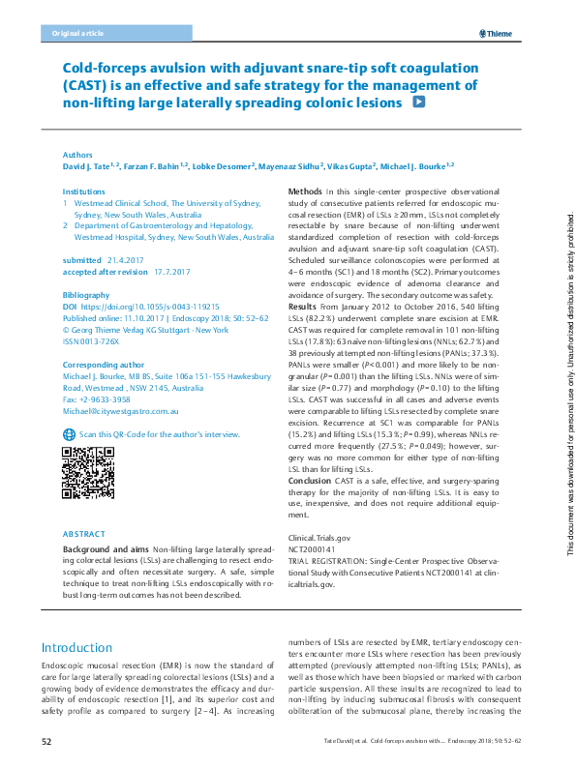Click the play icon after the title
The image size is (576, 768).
419,102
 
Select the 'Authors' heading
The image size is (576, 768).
77,155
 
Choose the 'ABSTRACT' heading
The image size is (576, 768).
83,534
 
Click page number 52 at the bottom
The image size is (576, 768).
45,741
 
